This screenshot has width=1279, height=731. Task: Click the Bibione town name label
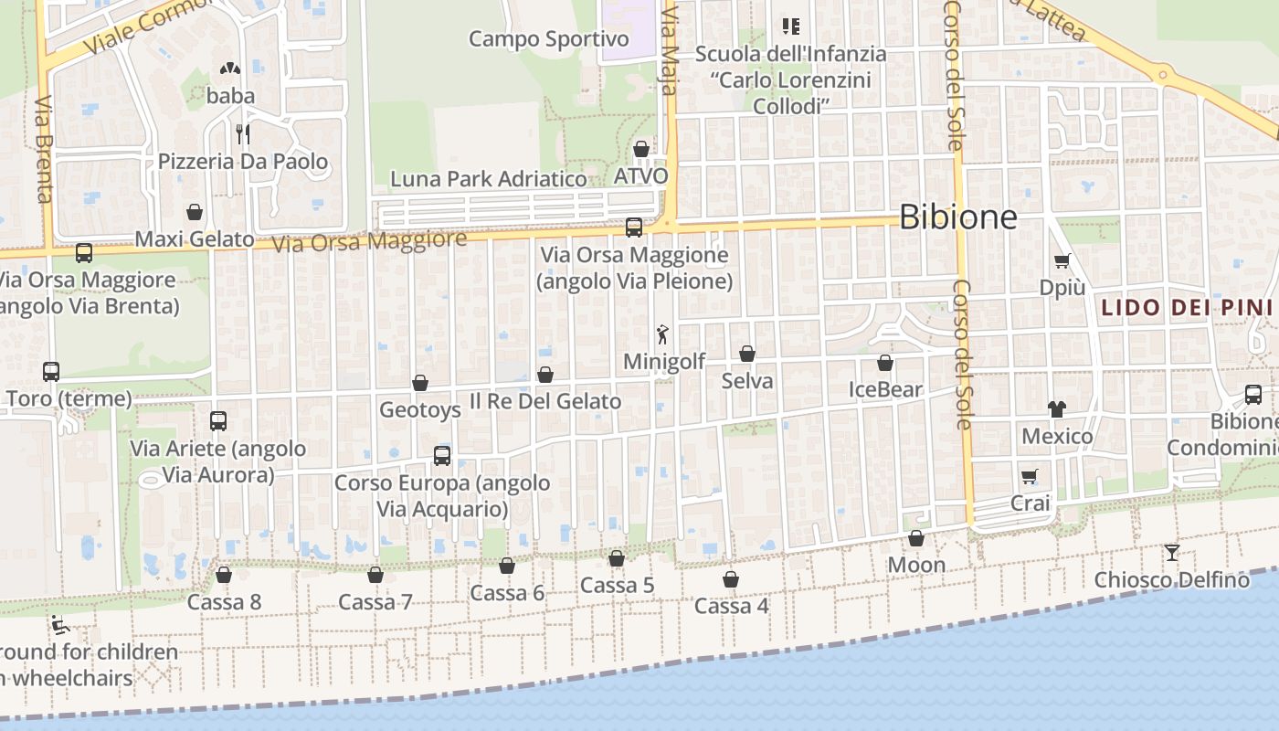click(957, 217)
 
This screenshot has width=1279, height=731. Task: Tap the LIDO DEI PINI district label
click(1186, 307)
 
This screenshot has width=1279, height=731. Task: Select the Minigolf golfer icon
click(663, 334)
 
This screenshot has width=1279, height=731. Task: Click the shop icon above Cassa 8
click(224, 575)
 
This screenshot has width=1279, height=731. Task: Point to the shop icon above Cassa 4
click(731, 579)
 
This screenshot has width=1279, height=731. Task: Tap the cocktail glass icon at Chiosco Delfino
click(1172, 552)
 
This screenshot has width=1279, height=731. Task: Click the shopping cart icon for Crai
click(1030, 476)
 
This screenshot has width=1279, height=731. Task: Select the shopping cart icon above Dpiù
click(1062, 261)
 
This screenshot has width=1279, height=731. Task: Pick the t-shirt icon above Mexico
click(1057, 408)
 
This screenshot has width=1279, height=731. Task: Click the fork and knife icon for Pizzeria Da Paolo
click(242, 134)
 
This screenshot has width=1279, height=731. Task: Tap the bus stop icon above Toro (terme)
click(51, 372)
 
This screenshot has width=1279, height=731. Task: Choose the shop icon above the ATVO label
click(641, 149)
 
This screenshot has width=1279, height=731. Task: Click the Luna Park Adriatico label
click(489, 179)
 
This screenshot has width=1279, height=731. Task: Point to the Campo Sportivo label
click(549, 39)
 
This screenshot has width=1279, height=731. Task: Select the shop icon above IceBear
click(885, 363)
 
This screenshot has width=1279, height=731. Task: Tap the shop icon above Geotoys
click(420, 383)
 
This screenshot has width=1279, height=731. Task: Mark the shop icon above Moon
click(916, 538)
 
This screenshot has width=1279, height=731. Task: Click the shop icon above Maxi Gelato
click(195, 213)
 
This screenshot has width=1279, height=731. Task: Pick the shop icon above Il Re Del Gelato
click(545, 375)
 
